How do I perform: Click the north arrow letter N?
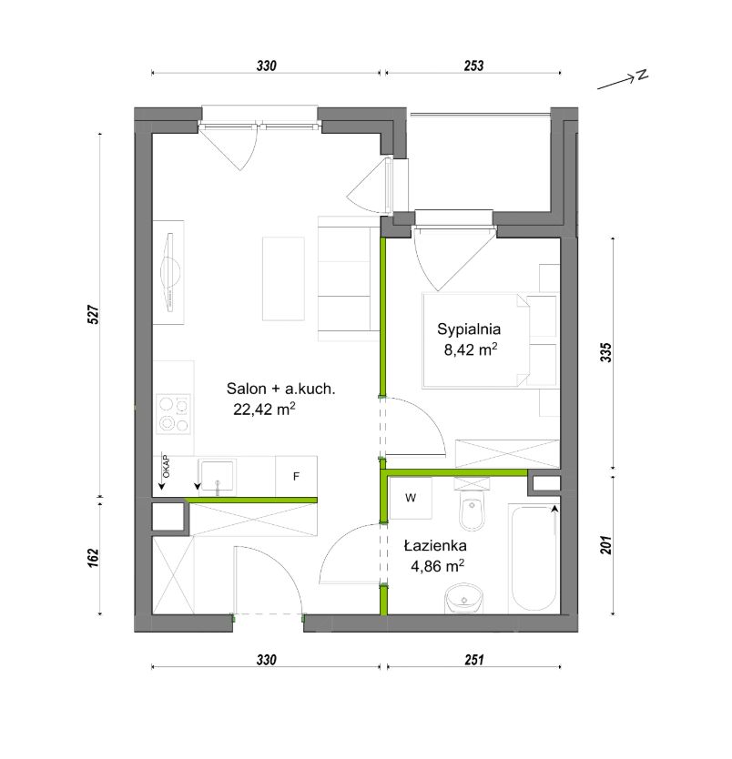pyautogui.click(x=643, y=75)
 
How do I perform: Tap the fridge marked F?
pyautogui.click(x=296, y=476)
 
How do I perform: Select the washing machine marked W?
pyautogui.click(x=411, y=498)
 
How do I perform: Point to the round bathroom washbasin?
pyautogui.click(x=463, y=599)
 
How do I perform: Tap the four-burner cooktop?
pyautogui.click(x=173, y=414)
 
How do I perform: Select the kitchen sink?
pyautogui.click(x=217, y=477)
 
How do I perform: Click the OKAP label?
pyautogui.click(x=166, y=467)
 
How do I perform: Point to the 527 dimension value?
pyautogui.click(x=94, y=315)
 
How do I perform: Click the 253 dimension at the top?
pyautogui.click(x=473, y=66)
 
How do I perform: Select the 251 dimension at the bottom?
pyautogui.click(x=474, y=659)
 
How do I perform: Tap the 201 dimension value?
pyautogui.click(x=605, y=545)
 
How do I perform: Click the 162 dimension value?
pyautogui.click(x=94, y=558)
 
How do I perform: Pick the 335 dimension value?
pyautogui.click(x=605, y=352)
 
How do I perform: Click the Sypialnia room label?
pyautogui.click(x=469, y=329)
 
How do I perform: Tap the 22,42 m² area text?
pyautogui.click(x=264, y=409)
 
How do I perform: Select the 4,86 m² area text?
pyautogui.click(x=438, y=565)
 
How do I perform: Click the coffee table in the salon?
pyautogui.click(x=284, y=278)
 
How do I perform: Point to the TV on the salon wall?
pyautogui.click(x=170, y=272)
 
